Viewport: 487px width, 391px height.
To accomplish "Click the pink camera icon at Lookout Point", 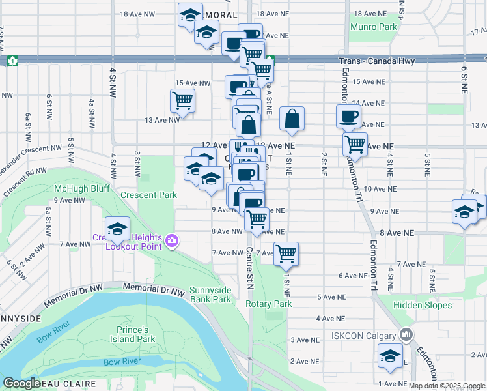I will pos(172,241).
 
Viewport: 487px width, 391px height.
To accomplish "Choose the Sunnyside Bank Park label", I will pos(210,295).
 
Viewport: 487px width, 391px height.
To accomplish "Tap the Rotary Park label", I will pos(268,304).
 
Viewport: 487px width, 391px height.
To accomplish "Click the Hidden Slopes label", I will pos(422,305).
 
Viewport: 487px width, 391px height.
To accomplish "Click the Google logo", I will pos(21,384).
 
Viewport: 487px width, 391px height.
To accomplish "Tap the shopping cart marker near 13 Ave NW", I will pos(182,100).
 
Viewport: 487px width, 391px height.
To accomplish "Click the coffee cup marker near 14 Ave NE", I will pos(348,116).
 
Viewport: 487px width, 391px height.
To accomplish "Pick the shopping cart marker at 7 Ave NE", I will pos(286,253).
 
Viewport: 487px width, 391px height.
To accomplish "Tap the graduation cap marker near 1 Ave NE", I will pos(389,356).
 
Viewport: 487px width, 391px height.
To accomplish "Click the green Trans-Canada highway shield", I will pos(12,61).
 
